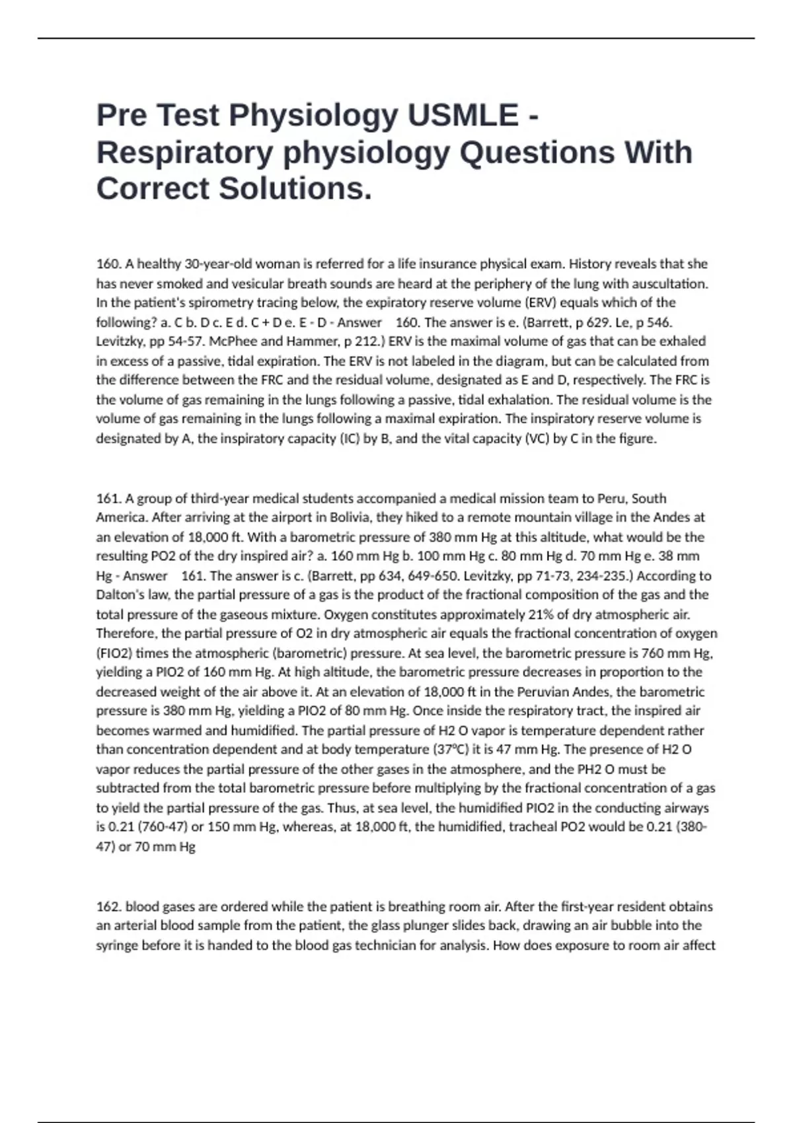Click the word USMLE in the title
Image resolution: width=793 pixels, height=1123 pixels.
(463, 115)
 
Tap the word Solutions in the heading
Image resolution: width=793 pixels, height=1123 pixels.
(295, 188)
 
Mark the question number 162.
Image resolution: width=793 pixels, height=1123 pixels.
(108, 906)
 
